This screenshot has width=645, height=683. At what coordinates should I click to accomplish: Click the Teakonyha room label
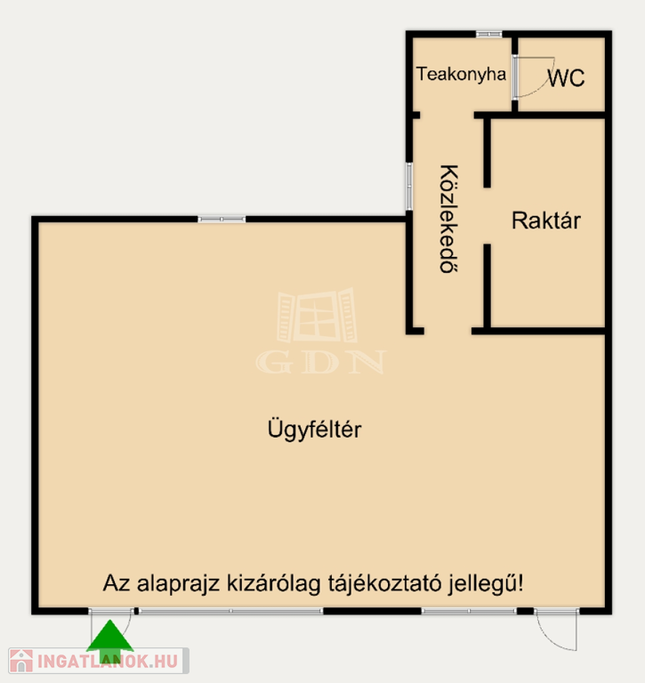click(461, 75)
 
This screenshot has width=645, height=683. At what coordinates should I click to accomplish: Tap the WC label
click(566, 78)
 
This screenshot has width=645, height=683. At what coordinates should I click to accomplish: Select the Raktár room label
click(546, 221)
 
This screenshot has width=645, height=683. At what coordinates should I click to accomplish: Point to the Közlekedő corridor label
click(448, 219)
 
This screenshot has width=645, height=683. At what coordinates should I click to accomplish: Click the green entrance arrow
click(109, 641)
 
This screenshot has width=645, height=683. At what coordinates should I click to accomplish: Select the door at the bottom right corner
click(557, 630)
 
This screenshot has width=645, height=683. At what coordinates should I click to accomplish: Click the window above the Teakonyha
click(488, 34)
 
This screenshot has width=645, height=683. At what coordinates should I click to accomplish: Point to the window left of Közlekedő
click(408, 187)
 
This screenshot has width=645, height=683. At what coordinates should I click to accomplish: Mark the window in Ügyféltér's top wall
click(222, 219)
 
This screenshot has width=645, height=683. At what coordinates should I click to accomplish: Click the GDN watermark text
click(321, 362)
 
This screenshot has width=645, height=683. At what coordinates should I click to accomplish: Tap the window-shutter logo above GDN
click(317, 315)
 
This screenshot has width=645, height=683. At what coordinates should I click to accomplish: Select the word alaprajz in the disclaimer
click(178, 584)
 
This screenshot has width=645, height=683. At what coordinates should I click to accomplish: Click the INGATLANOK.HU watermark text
click(108, 662)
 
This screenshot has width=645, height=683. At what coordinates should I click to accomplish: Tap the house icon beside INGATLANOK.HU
click(21, 661)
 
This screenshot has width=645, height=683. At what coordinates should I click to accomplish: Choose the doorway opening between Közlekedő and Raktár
click(488, 216)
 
